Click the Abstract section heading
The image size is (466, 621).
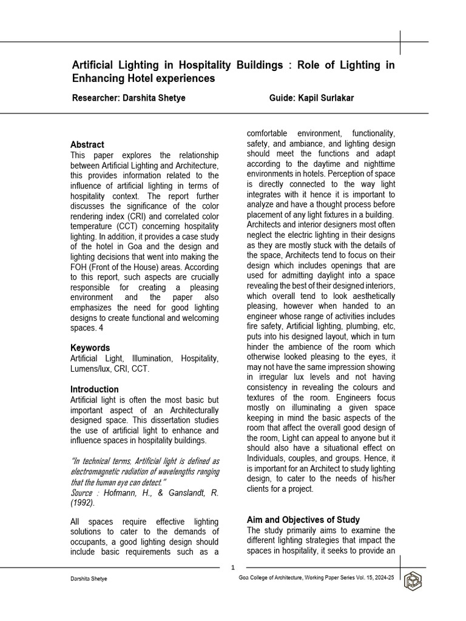[x=87, y=144]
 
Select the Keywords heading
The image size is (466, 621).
[x=90, y=347]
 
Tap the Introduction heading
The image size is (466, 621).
[x=95, y=389]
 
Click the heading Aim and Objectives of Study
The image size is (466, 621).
[x=303, y=520]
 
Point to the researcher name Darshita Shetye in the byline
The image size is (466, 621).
[x=155, y=98]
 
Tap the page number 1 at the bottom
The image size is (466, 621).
[x=233, y=567]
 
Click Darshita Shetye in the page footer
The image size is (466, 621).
[x=89, y=579]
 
